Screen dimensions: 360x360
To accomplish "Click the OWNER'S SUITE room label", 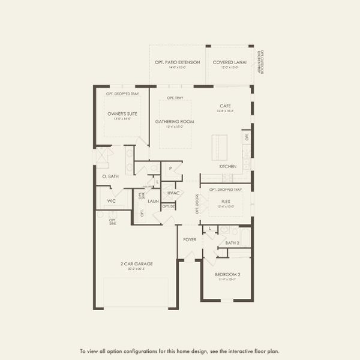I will click(119, 113).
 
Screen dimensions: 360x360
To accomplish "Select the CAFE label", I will click(225, 106).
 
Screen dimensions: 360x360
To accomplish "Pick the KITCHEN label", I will click(227, 166).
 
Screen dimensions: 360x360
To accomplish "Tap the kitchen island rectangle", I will click(220, 146).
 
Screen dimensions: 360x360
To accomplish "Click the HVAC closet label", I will click(173, 193).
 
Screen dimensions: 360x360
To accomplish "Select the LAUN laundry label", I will click(153, 201).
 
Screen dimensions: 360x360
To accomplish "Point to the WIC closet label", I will click(111, 201).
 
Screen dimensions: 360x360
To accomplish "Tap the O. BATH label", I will click(110, 176).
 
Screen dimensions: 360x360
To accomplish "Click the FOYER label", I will click(190, 239).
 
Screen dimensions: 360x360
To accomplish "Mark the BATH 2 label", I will click(232, 242).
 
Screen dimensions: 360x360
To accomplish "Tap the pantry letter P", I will click(171, 169).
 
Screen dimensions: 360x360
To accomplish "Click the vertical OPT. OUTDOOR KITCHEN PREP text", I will click(261, 62).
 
